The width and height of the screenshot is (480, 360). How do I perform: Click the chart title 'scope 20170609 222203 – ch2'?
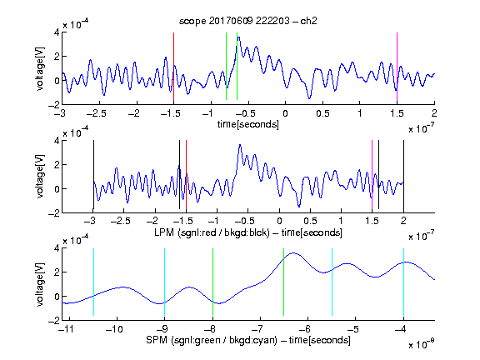point(248,21)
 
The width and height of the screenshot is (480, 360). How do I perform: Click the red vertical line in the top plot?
point(173,67)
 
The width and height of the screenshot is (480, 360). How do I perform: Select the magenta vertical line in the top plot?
point(397,67)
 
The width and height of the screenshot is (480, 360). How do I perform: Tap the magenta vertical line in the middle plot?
point(372,174)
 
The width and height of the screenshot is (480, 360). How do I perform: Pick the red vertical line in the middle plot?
point(186,174)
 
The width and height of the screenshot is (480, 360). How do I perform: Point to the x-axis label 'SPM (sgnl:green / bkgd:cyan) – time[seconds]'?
point(248,340)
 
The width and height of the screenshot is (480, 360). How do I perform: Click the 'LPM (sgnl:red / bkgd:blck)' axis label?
point(212,232)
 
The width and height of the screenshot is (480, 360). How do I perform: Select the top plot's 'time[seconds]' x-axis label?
point(248,124)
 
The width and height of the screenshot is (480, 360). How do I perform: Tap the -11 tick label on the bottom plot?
point(66,329)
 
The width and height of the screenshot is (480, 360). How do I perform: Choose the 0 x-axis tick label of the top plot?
point(285,113)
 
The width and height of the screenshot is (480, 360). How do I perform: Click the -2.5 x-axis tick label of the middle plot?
point(121,221)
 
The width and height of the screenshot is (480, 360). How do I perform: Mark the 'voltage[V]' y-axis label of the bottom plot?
point(40,284)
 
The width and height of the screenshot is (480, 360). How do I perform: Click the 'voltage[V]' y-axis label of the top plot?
point(40,68)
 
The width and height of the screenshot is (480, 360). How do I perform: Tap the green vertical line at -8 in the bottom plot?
point(212,282)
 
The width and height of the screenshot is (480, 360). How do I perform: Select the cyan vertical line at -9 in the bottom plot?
point(165,282)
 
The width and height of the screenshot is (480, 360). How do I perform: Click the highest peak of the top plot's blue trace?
point(238,37)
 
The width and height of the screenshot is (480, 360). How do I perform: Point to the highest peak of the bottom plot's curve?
point(293,252)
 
